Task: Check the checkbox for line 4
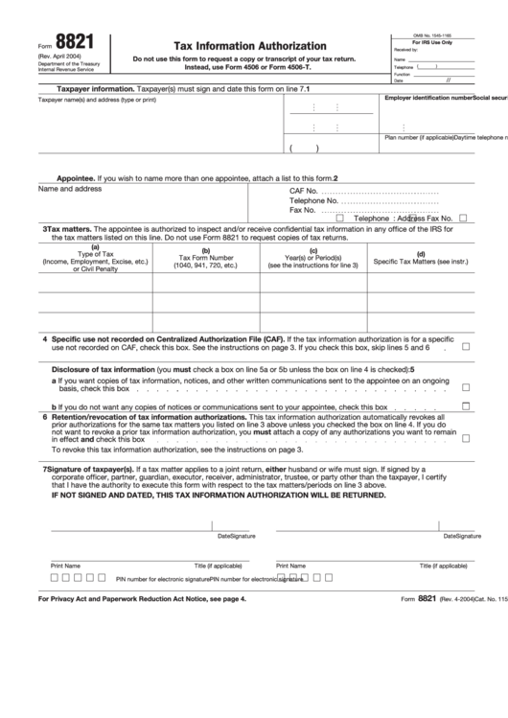[x=466, y=346]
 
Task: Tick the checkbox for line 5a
[x=466, y=388]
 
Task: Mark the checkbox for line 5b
[x=466, y=405]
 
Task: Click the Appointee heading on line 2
[x=75, y=178]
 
